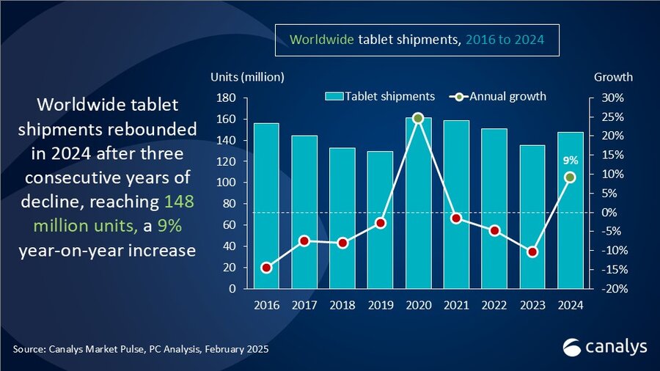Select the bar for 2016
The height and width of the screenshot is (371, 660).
[265, 205]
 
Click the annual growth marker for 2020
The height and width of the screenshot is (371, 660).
[418, 118]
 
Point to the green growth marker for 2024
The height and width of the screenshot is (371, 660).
[570, 177]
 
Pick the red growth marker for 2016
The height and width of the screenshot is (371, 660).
[265, 268]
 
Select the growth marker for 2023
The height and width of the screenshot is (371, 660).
[532, 252]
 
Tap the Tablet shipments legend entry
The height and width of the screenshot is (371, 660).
[381, 97]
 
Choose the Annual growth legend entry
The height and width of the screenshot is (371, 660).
[502, 97]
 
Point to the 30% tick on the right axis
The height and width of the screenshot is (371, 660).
[613, 98]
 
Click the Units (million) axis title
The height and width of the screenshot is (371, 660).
[247, 77]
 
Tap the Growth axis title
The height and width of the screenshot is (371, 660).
[613, 77]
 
